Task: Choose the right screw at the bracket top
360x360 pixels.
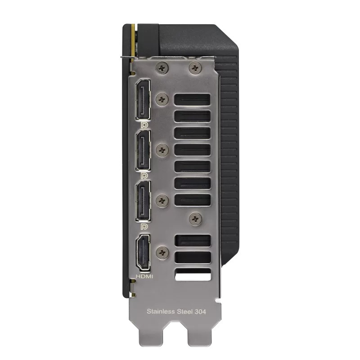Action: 195,68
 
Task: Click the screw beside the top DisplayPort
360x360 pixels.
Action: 162,98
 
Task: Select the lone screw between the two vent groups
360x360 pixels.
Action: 195,219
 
